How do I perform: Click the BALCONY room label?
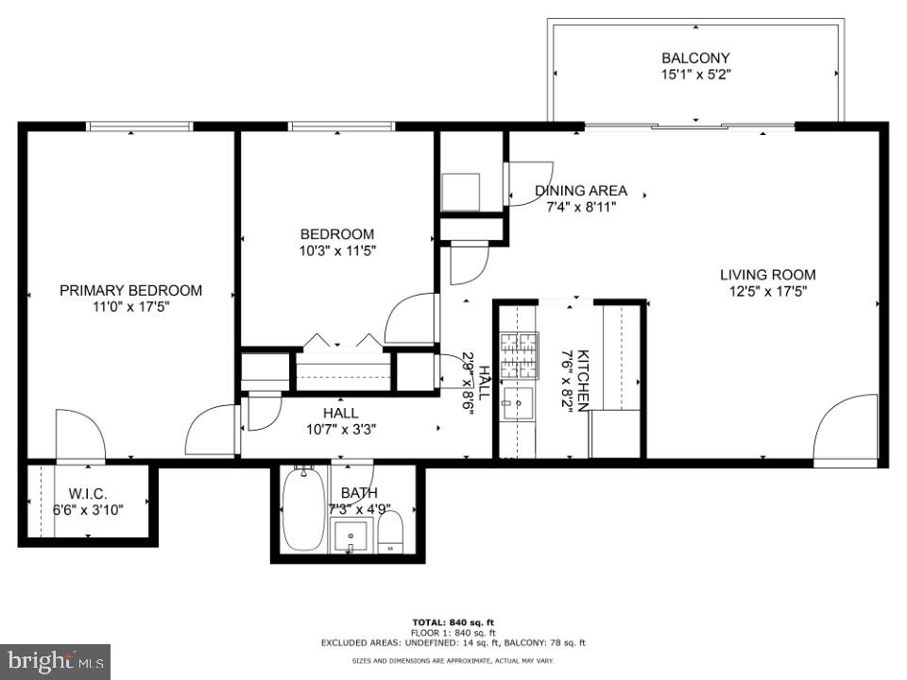pos(695,59)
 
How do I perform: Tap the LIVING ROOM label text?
pos(767,275)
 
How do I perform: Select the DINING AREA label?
pos(580,191)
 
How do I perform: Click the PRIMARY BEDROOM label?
pos(130,290)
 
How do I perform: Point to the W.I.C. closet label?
pos(88,493)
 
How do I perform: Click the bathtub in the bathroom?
pos(303,510)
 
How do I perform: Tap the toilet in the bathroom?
pos(391,534)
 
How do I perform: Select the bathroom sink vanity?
pos(352,536)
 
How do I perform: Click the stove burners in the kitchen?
pos(519,355)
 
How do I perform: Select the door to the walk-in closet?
pos(79,435)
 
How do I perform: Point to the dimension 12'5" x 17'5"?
pos(767,292)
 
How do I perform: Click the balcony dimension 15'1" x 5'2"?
pos(695,75)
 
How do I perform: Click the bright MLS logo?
pos(55,660)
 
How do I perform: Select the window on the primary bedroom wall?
pos(139,127)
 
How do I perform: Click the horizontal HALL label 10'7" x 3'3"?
pos(340,421)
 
